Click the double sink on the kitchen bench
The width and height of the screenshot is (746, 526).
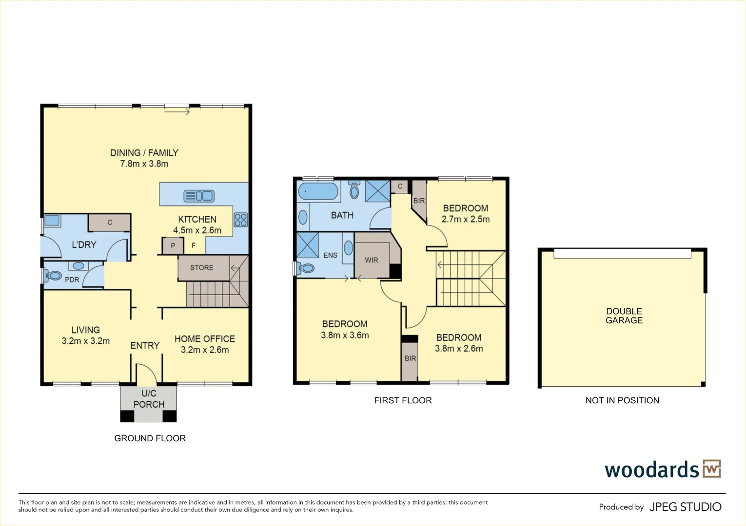(199, 196)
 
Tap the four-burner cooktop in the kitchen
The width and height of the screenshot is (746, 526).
(240, 220)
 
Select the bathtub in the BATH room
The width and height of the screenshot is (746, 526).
(318, 191)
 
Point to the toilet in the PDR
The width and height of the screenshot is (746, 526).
(53, 276)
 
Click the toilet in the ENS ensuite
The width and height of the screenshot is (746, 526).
(306, 268)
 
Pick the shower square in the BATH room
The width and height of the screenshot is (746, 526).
(378, 190)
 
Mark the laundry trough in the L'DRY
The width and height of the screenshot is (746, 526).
(52, 221)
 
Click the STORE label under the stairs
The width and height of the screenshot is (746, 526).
(202, 267)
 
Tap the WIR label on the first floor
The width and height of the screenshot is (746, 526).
(372, 260)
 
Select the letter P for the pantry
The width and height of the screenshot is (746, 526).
(173, 246)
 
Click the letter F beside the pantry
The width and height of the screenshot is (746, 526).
(194, 245)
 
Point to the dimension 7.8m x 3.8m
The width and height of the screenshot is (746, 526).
(144, 164)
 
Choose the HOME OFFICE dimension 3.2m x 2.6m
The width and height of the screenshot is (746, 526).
(205, 350)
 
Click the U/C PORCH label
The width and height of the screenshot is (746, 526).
(149, 399)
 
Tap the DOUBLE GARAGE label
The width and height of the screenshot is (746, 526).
(624, 316)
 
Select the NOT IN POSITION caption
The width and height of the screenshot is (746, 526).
(622, 400)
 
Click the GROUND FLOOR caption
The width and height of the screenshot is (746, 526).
(150, 438)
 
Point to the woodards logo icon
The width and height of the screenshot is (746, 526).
(711, 469)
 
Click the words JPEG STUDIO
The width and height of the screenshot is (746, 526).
(685, 507)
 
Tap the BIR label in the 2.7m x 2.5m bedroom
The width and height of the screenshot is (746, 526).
(419, 201)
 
